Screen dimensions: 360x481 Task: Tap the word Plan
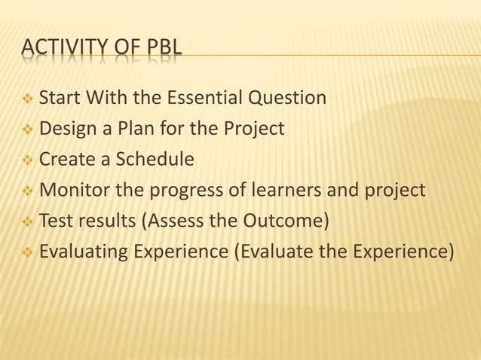tap(121, 129)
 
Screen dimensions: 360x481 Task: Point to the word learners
tap(283, 191)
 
